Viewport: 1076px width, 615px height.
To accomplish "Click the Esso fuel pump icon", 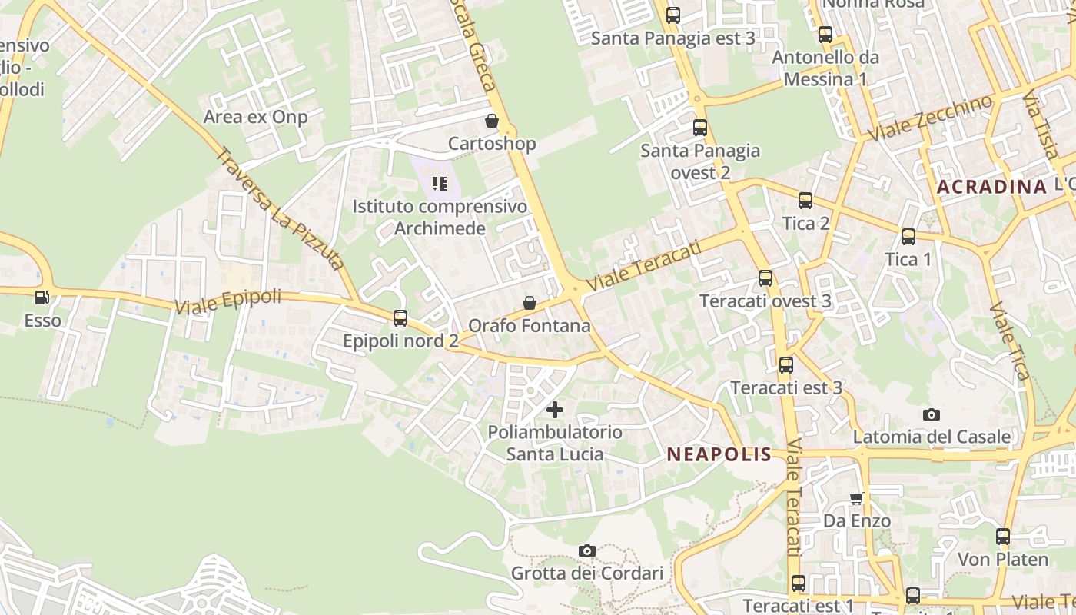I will click(x=42, y=298).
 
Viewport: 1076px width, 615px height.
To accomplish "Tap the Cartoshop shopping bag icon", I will click(x=492, y=121).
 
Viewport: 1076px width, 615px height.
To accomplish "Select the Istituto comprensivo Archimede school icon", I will click(x=440, y=183).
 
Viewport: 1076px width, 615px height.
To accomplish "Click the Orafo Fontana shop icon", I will click(x=530, y=303).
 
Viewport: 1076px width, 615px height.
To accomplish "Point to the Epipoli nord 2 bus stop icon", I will click(x=400, y=317).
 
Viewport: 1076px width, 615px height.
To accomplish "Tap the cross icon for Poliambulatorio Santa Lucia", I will click(x=554, y=409).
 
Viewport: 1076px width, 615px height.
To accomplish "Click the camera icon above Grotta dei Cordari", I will click(x=587, y=550).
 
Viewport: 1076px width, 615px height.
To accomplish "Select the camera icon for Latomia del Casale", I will click(x=932, y=414).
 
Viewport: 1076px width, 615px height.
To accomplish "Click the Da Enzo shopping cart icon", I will click(x=856, y=498).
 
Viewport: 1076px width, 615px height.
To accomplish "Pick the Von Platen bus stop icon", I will click(x=1003, y=537).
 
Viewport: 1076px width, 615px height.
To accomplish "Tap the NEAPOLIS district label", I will click(x=719, y=454).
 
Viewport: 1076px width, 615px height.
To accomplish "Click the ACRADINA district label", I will click(x=992, y=187).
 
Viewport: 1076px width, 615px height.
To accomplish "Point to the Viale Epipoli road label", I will click(x=228, y=301).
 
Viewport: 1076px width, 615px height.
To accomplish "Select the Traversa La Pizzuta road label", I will click(x=278, y=209).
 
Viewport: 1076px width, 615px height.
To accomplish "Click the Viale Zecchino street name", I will click(x=930, y=118).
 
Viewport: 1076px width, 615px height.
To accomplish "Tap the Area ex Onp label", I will click(x=255, y=117).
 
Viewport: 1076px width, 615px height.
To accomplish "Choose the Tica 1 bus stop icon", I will click(x=908, y=237).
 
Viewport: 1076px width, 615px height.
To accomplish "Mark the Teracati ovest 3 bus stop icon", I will click(x=765, y=278).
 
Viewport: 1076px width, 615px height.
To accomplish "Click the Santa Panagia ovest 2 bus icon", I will click(x=700, y=128).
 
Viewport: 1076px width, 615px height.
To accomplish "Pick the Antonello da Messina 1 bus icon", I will click(x=825, y=35).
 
